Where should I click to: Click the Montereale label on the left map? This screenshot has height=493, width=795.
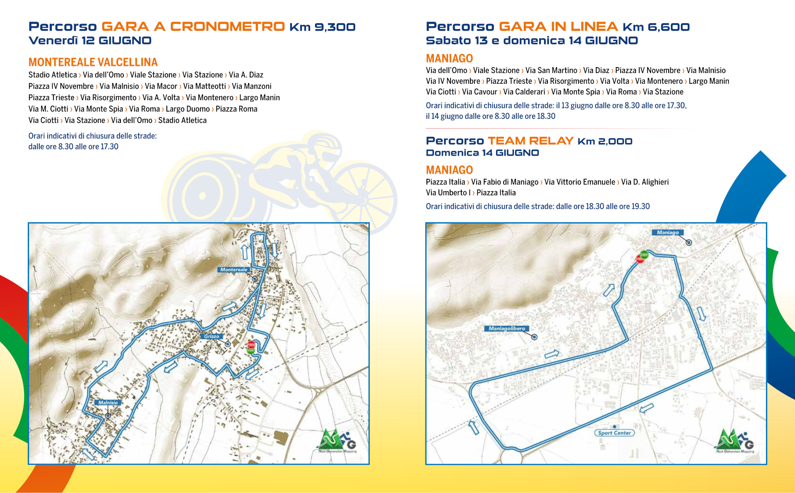[x=234, y=270]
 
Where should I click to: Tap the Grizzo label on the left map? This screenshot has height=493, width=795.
[x=211, y=336]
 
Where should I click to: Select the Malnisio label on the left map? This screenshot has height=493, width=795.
[x=108, y=402]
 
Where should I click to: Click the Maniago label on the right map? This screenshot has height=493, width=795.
[x=667, y=232]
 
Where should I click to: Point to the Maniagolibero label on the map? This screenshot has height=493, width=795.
[x=506, y=328]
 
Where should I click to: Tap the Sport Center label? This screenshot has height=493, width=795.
[x=614, y=433]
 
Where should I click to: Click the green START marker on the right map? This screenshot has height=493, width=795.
[x=644, y=255]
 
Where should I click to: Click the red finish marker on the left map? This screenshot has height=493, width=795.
[x=251, y=344]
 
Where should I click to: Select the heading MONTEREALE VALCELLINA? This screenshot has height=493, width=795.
[x=93, y=62]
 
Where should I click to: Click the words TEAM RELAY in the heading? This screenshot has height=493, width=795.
[x=530, y=141]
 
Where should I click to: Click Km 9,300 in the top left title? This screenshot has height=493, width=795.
[x=322, y=27]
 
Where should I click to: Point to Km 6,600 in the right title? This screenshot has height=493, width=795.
[x=656, y=27]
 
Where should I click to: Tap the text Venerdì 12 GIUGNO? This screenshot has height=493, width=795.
[x=90, y=41]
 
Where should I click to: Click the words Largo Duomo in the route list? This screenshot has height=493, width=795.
[x=188, y=109]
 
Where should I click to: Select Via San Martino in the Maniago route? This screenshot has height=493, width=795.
[x=551, y=70]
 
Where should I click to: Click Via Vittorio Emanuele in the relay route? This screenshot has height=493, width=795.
[x=579, y=182]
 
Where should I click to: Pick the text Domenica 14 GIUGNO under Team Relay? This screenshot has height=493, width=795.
[x=482, y=153]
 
